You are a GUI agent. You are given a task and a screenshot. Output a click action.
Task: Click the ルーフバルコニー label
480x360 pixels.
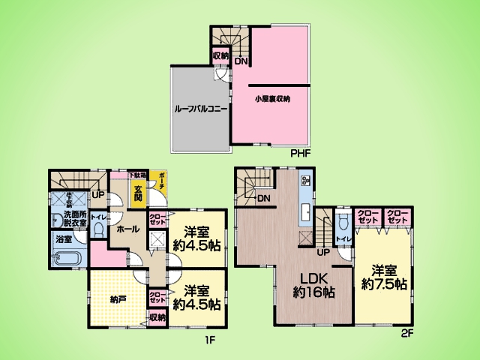coord(200,108)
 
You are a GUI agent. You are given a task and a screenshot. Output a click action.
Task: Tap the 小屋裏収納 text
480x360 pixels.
coord(271,98)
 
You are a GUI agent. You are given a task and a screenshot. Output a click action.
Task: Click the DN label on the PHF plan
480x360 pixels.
coord(241,61)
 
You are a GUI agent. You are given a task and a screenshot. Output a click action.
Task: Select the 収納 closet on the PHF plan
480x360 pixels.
coord(220,55)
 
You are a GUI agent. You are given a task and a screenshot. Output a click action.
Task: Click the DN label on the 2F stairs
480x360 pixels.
coord(263,199)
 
